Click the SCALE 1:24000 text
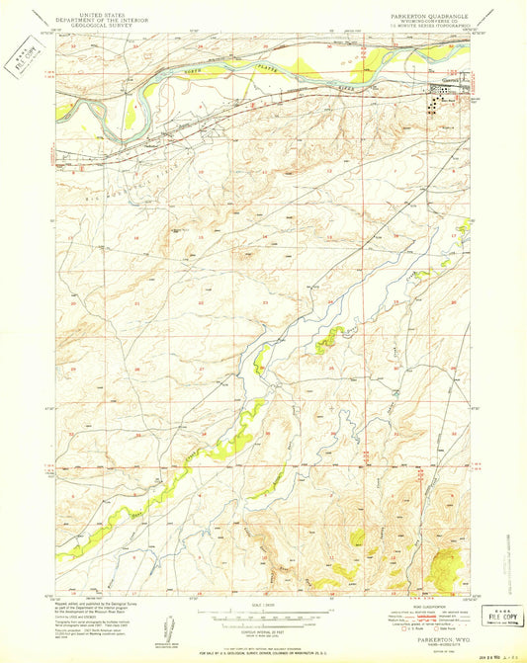(262, 606)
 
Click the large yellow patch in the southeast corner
(446, 567)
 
